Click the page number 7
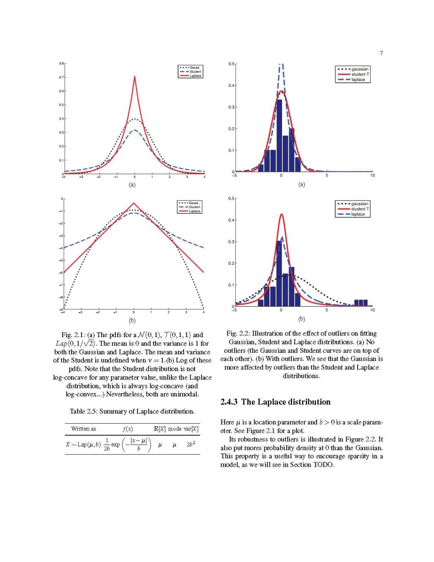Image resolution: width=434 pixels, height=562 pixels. [x=381, y=53]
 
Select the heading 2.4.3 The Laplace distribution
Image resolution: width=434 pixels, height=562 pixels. [x=275, y=402]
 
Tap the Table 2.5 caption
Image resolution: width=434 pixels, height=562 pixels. [x=132, y=411]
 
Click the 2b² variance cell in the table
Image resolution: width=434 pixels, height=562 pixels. [x=191, y=445]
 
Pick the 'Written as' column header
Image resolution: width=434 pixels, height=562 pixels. [x=84, y=429]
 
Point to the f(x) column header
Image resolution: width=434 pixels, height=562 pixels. [x=128, y=429]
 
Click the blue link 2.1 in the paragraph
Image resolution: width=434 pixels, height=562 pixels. [x=270, y=431]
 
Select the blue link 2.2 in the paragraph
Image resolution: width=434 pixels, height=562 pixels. [x=370, y=439]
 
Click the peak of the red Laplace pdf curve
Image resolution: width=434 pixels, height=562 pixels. [x=135, y=77]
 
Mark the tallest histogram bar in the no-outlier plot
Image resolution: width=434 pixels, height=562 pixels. [x=279, y=133]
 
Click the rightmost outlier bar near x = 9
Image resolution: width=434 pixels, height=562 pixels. [x=365, y=303]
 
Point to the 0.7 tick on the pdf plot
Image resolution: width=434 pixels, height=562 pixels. [x=61, y=77]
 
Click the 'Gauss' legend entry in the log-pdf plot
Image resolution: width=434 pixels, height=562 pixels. [x=193, y=203]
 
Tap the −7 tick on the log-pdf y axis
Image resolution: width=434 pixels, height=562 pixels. [x=61, y=285]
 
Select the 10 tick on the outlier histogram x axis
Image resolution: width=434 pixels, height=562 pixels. [x=372, y=310]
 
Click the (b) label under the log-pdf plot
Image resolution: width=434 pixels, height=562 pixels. [x=132, y=321]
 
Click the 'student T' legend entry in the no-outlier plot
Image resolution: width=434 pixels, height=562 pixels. [x=360, y=74]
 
